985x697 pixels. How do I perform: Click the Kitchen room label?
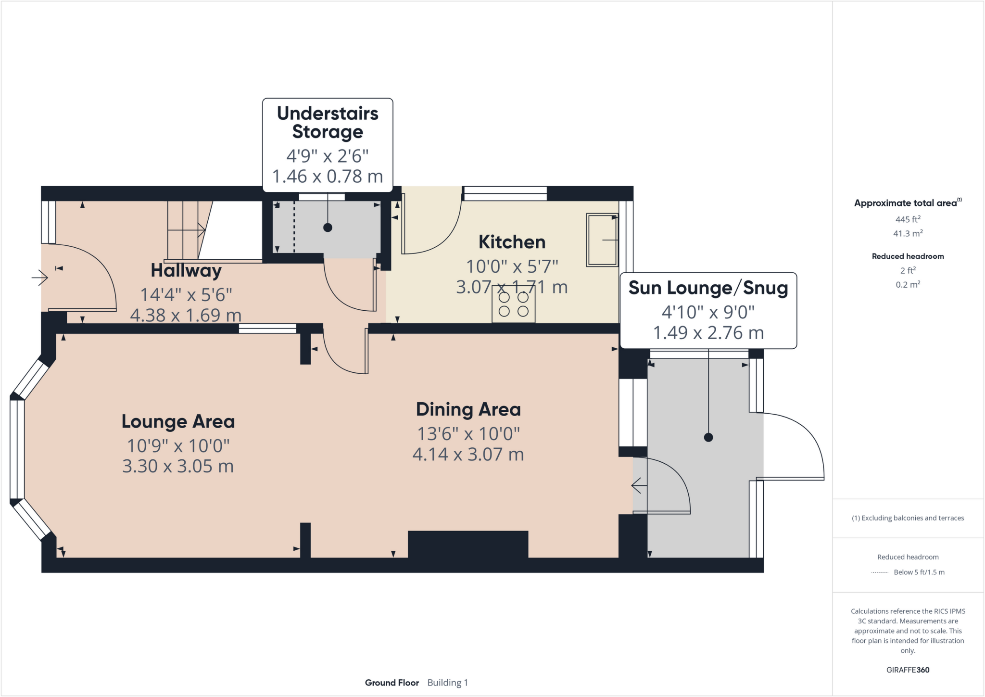[512, 242]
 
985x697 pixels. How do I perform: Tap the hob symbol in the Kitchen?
[513, 304]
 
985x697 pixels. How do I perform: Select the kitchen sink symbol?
[602, 240]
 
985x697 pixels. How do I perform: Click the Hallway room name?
[186, 270]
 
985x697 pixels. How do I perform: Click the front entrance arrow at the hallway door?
[40, 278]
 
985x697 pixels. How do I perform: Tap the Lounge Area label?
[178, 421]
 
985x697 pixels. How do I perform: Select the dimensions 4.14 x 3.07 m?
[468, 454]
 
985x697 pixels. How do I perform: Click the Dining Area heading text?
[468, 409]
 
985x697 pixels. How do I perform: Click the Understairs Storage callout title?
[328, 122]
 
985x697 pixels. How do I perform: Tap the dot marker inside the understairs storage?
[328, 228]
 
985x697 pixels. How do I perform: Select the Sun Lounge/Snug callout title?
[708, 288]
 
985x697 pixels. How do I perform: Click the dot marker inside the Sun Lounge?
[708, 437]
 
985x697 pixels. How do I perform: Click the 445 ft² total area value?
[908, 219]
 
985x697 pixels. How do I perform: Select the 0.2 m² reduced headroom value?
[908, 284]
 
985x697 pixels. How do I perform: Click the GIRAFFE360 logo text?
[908, 670]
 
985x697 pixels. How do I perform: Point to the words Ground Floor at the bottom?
[391, 683]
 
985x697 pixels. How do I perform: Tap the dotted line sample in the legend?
[880, 572]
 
